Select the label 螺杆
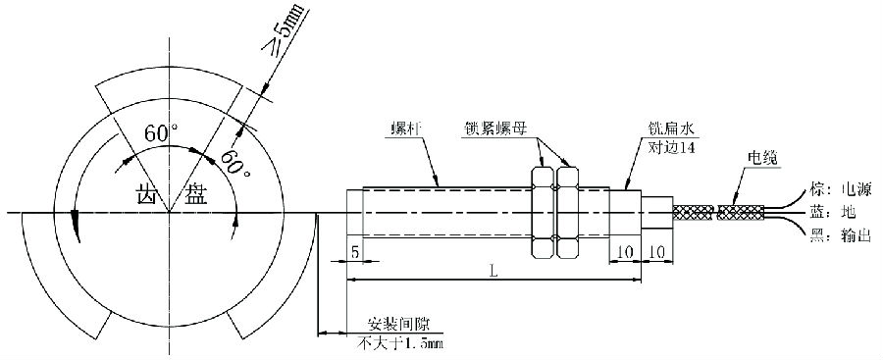pyautogui.click(x=406, y=129)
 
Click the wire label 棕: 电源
pyautogui.click(x=834, y=187)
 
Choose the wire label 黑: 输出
pyautogui.click(x=834, y=234)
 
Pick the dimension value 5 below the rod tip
pyautogui.click(x=354, y=253)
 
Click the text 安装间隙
pyautogui.click(x=393, y=326)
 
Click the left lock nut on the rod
pyautogui.click(x=542, y=211)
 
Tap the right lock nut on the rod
pyautogui.click(x=566, y=211)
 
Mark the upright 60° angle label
pyautogui.click(x=161, y=133)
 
